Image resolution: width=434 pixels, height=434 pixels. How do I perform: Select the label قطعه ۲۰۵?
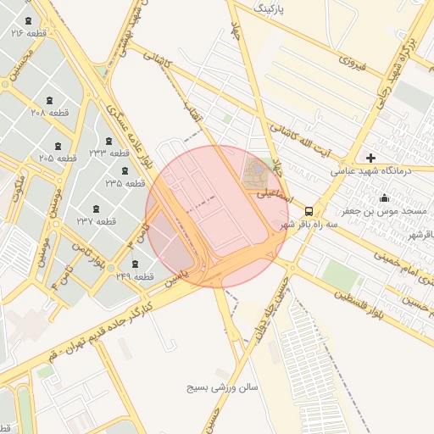coord(58,158)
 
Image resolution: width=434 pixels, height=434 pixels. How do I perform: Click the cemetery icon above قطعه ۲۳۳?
coord(108,141)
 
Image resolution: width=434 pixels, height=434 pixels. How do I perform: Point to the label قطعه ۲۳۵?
coord(125,182)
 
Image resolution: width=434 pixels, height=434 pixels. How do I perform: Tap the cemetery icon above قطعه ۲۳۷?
coord(94,208)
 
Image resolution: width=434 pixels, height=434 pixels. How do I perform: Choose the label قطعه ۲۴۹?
coord(135,276)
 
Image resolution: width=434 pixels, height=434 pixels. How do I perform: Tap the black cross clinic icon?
coord(370,157)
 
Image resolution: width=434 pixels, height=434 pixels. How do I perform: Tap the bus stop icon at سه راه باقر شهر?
coord(309,211)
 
